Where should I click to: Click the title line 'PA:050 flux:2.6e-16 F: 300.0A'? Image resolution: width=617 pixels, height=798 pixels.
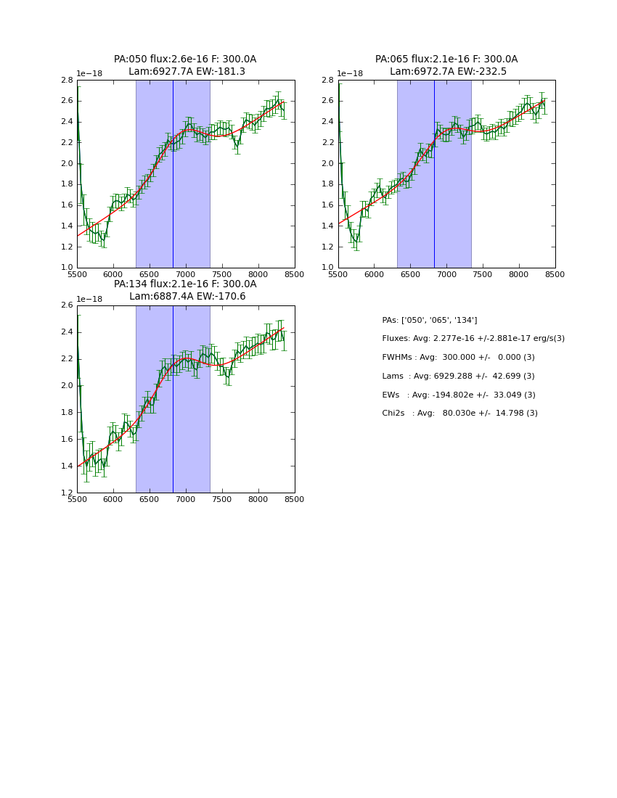pyautogui.click(x=185, y=59)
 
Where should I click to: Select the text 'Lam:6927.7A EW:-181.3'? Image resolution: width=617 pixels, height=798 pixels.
pyautogui.click(x=187, y=72)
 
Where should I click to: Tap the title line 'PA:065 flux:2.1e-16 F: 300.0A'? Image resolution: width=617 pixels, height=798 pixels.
pyautogui.click(x=446, y=59)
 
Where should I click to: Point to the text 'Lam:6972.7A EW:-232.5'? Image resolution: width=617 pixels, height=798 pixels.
pyautogui.click(x=448, y=72)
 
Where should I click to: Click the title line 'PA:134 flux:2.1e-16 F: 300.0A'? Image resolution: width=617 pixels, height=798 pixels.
pyautogui.click(x=185, y=284)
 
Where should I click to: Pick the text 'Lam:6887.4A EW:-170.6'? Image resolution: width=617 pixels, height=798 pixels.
pyautogui.click(x=187, y=297)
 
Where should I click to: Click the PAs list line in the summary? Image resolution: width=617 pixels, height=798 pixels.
pyautogui.click(x=430, y=320)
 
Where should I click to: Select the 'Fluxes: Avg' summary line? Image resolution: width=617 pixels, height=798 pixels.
pyautogui.click(x=473, y=339)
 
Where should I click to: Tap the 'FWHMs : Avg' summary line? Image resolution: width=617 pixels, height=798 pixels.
pyautogui.click(x=458, y=358)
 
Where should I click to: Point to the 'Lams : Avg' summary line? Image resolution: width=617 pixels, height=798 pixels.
pyautogui.click(x=458, y=377)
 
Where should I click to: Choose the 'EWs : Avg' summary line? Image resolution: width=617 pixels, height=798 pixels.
pyautogui.click(x=459, y=395)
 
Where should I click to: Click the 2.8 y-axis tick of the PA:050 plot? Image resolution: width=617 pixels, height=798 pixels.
pyautogui.click(x=67, y=81)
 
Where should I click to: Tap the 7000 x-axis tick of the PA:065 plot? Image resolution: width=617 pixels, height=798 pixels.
pyautogui.click(x=446, y=274)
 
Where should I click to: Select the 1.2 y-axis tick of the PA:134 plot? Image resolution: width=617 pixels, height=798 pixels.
pyautogui.click(x=67, y=493)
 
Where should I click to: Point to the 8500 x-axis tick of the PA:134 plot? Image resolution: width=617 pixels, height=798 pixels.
pyautogui.click(x=295, y=499)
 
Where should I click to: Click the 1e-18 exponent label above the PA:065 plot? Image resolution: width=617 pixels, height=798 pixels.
pyautogui.click(x=350, y=74)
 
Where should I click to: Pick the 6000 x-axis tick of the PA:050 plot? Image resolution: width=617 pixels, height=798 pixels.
pyautogui.click(x=113, y=274)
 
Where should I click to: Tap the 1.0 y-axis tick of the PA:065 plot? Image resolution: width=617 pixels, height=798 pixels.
pyautogui.click(x=328, y=268)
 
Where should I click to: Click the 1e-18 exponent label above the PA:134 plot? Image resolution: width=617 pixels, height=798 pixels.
pyautogui.click(x=89, y=299)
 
